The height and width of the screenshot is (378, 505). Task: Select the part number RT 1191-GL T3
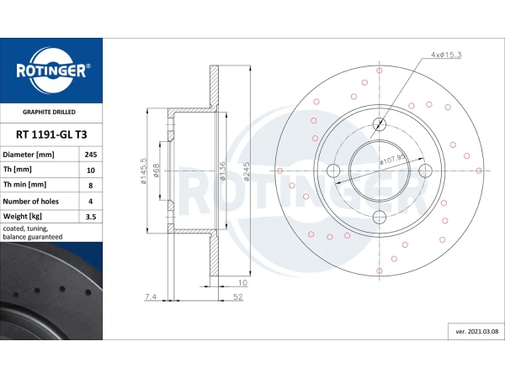coord(50,133)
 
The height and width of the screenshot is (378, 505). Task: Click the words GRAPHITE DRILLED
coord(50,111)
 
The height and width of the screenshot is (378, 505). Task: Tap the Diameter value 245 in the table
coord(90,155)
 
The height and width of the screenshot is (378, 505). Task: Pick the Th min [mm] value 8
coord(90,185)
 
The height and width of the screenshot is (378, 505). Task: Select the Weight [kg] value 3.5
coord(90,216)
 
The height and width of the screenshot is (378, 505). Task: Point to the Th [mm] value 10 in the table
coord(90,170)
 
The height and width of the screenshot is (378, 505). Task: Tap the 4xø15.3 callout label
coord(446,55)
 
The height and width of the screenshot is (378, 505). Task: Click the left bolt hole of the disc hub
coord(333,171)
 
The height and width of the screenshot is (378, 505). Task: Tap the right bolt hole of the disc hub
coord(426,171)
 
